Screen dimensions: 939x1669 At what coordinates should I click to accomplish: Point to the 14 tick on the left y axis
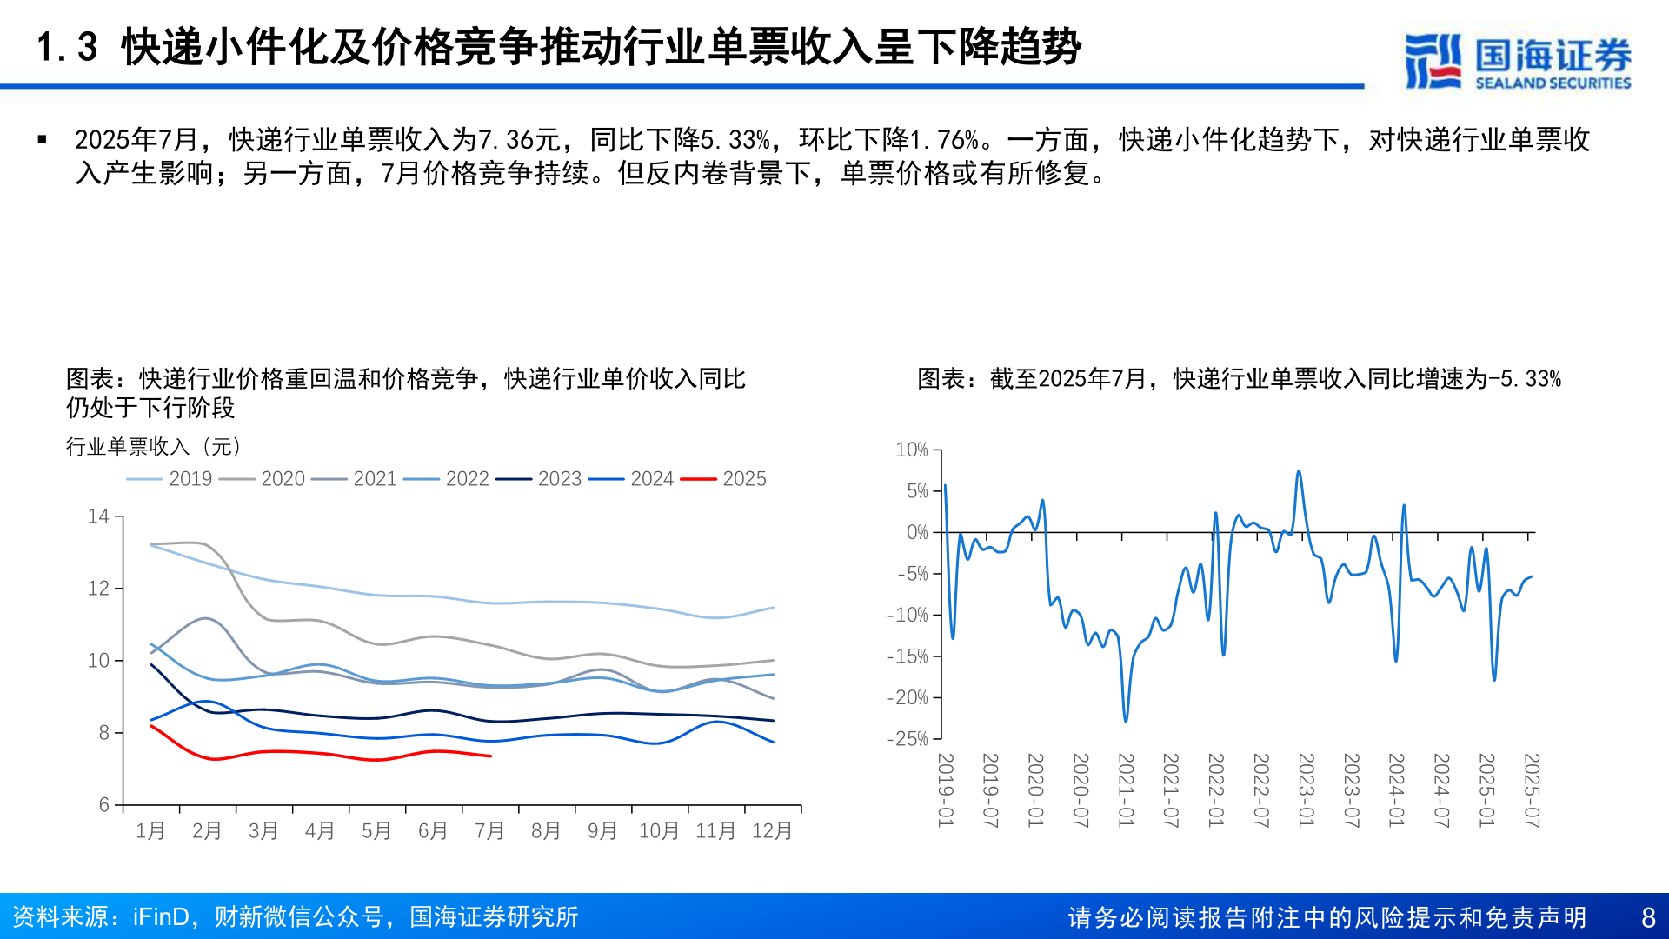click(x=98, y=516)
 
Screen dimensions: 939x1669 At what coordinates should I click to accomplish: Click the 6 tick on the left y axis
click(x=104, y=805)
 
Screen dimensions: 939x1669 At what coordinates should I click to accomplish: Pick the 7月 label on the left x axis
click(x=489, y=831)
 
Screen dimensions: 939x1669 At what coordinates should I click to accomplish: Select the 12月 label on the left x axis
click(x=772, y=831)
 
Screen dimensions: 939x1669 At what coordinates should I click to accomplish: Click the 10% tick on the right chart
click(x=912, y=450)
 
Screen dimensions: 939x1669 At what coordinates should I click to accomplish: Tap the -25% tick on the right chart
click(x=908, y=739)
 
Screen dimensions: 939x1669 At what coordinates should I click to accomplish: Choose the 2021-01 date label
click(x=1126, y=790)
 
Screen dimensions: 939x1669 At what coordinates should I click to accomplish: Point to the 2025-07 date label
click(x=1532, y=790)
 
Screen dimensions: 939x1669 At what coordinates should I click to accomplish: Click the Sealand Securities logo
click(x=1518, y=61)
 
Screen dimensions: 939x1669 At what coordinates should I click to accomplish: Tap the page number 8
click(x=1648, y=917)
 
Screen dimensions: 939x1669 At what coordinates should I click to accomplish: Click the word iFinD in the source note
click(x=161, y=917)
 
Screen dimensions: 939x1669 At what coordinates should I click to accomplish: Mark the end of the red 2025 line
click(x=491, y=756)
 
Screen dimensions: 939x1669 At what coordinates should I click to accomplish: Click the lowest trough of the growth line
click(x=1126, y=721)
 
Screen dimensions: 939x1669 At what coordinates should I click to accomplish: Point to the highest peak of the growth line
click(x=1299, y=472)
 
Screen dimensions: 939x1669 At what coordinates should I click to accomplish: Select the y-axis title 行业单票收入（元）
click(x=154, y=447)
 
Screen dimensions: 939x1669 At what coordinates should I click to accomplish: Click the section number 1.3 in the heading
click(x=67, y=47)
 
